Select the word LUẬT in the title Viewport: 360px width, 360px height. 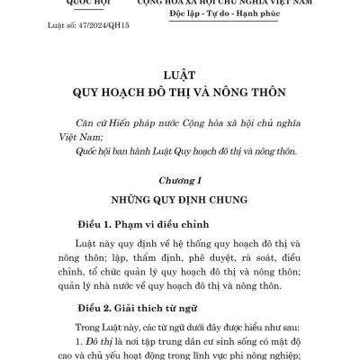(180, 78)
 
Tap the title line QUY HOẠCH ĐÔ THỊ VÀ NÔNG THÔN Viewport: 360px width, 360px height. (180, 94)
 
